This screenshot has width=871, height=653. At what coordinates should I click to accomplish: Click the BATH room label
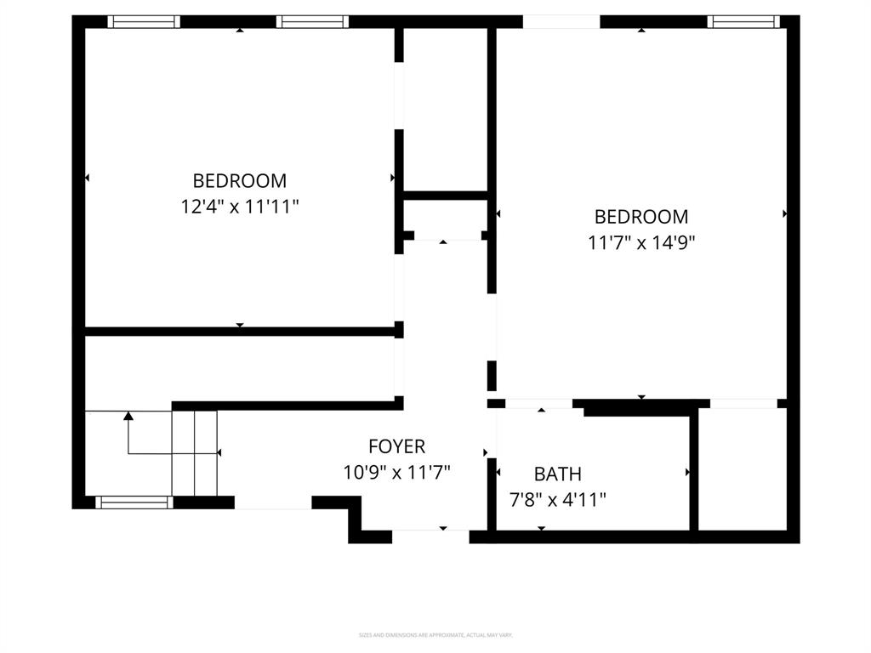557,474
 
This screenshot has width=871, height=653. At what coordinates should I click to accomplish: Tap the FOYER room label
396,446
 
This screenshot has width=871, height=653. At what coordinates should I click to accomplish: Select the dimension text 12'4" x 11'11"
240,207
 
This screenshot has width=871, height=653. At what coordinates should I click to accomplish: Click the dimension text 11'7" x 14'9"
641,242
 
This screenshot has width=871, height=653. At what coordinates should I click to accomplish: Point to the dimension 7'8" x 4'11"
557,500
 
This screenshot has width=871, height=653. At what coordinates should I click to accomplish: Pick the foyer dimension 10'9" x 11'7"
396,472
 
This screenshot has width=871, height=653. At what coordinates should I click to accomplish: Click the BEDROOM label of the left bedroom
240,181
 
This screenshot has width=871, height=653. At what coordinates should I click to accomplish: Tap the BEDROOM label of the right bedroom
641,217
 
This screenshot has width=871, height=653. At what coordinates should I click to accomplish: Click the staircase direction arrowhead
128,416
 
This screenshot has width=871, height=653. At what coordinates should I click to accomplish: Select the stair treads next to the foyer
195,452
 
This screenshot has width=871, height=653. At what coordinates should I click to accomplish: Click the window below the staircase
134,503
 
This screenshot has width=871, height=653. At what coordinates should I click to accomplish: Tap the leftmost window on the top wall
143,22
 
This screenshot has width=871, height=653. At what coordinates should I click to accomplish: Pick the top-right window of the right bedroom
744,22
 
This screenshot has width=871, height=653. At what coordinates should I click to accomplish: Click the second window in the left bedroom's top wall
313,22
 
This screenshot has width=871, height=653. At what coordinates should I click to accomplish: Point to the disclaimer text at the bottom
435,635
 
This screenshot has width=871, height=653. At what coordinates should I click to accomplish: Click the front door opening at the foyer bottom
430,537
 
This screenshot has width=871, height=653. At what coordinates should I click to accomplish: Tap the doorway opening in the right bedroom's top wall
561,22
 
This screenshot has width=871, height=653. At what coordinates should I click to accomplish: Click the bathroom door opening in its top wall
538,404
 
